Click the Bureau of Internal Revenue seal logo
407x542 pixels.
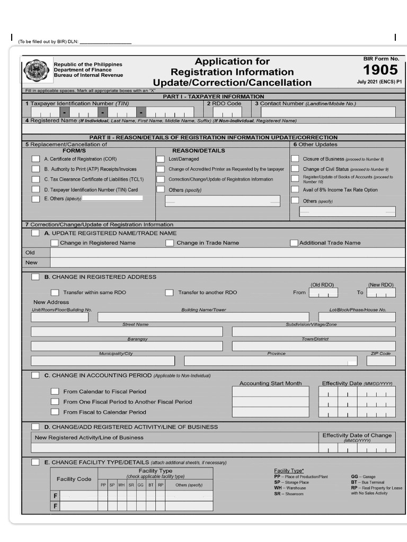pos(37,71)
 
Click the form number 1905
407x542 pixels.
pos(380,70)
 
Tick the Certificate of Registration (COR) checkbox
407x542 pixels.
pos(36,159)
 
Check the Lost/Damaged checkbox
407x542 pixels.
pos(160,159)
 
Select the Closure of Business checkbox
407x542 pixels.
pos(295,159)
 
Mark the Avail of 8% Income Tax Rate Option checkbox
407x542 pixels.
pos(295,189)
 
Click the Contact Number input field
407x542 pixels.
pos(328,112)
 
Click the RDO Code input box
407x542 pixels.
pos(227,112)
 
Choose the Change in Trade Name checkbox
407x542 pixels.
pos(170,243)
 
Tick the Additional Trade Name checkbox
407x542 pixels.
pos(294,243)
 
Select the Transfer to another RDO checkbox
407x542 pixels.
pos(169,292)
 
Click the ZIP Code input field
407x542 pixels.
pos(381,361)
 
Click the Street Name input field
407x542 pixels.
pos(127,332)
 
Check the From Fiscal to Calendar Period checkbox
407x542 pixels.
pos(55,412)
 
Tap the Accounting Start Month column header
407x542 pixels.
pos(270,383)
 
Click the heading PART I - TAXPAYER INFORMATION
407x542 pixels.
pos(213,96)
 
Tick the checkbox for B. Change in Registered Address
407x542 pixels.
pos(36,277)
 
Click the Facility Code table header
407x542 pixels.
pos(74,479)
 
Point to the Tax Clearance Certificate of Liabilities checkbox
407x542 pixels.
pos(36,179)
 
